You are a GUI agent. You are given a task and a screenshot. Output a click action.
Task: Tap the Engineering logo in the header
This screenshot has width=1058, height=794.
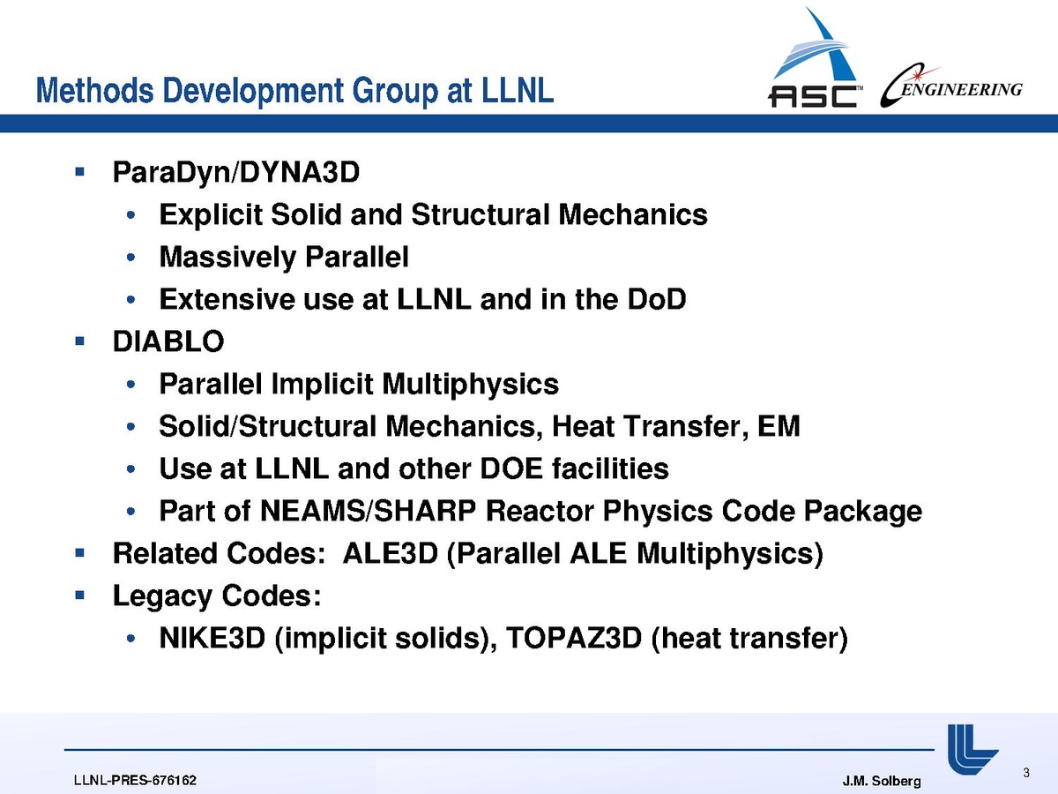click(951, 86)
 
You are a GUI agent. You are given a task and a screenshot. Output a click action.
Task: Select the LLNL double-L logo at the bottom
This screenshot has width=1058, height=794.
click(972, 749)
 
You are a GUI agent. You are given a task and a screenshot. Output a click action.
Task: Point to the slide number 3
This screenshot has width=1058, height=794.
click(1026, 773)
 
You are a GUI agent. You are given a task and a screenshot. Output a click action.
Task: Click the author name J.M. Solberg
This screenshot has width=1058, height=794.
click(882, 781)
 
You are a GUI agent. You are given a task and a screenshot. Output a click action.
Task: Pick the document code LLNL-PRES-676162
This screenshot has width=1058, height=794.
click(135, 781)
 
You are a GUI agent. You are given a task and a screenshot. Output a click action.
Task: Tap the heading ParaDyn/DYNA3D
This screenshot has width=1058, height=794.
click(236, 173)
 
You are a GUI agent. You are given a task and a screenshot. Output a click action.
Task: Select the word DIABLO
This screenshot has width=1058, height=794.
click(168, 341)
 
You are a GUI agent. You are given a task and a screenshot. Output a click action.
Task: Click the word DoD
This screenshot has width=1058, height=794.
click(657, 299)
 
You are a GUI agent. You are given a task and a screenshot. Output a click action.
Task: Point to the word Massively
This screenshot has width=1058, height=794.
click(227, 258)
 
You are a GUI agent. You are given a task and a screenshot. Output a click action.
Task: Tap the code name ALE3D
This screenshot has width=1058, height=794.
click(391, 553)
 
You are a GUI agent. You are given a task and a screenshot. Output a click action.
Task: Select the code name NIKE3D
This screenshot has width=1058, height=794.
click(212, 638)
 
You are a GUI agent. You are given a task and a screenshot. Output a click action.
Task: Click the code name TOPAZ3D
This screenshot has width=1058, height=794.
click(574, 638)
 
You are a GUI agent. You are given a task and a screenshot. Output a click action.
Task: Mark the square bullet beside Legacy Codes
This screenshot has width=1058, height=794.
click(80, 595)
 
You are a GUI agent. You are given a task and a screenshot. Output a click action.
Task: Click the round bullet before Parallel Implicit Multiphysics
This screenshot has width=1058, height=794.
click(130, 385)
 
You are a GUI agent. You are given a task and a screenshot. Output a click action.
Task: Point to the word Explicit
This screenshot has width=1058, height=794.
click(211, 215)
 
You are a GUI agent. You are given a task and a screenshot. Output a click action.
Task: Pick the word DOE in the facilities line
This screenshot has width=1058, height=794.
click(511, 468)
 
